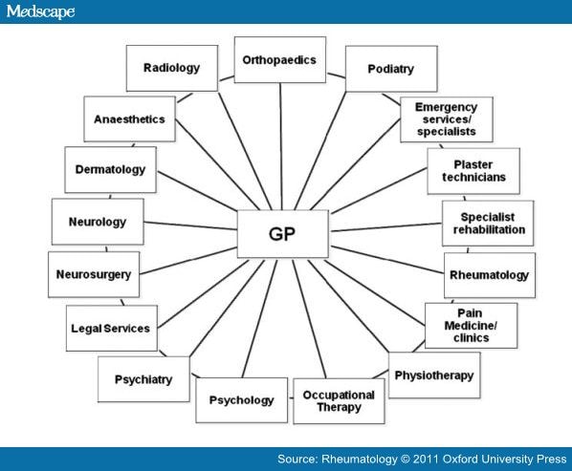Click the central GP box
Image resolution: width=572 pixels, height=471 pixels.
283,234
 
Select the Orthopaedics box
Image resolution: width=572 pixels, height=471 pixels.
280,60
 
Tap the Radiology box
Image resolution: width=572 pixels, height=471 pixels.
172,68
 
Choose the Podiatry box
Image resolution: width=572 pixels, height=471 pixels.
391,69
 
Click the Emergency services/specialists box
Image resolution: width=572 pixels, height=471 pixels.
447,119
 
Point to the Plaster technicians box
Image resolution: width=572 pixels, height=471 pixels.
473,171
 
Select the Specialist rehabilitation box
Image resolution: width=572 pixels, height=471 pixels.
488,224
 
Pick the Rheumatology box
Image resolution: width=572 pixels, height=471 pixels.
490,275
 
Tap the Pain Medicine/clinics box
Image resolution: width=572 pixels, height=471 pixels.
471,326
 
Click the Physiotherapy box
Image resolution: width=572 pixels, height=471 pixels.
434,375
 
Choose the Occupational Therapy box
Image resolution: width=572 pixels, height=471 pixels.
339,401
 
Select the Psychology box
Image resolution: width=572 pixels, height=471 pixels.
241,400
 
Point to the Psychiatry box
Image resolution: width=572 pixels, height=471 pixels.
143,379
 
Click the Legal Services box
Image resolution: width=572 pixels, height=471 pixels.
112,329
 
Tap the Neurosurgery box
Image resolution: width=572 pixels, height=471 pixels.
94,274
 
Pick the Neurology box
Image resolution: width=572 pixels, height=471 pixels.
98,222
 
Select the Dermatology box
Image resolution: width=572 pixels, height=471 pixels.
111,170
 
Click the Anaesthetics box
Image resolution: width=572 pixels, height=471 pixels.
129,118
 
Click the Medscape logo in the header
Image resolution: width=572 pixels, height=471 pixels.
40,11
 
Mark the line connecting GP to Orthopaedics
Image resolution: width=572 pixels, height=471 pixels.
281,146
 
